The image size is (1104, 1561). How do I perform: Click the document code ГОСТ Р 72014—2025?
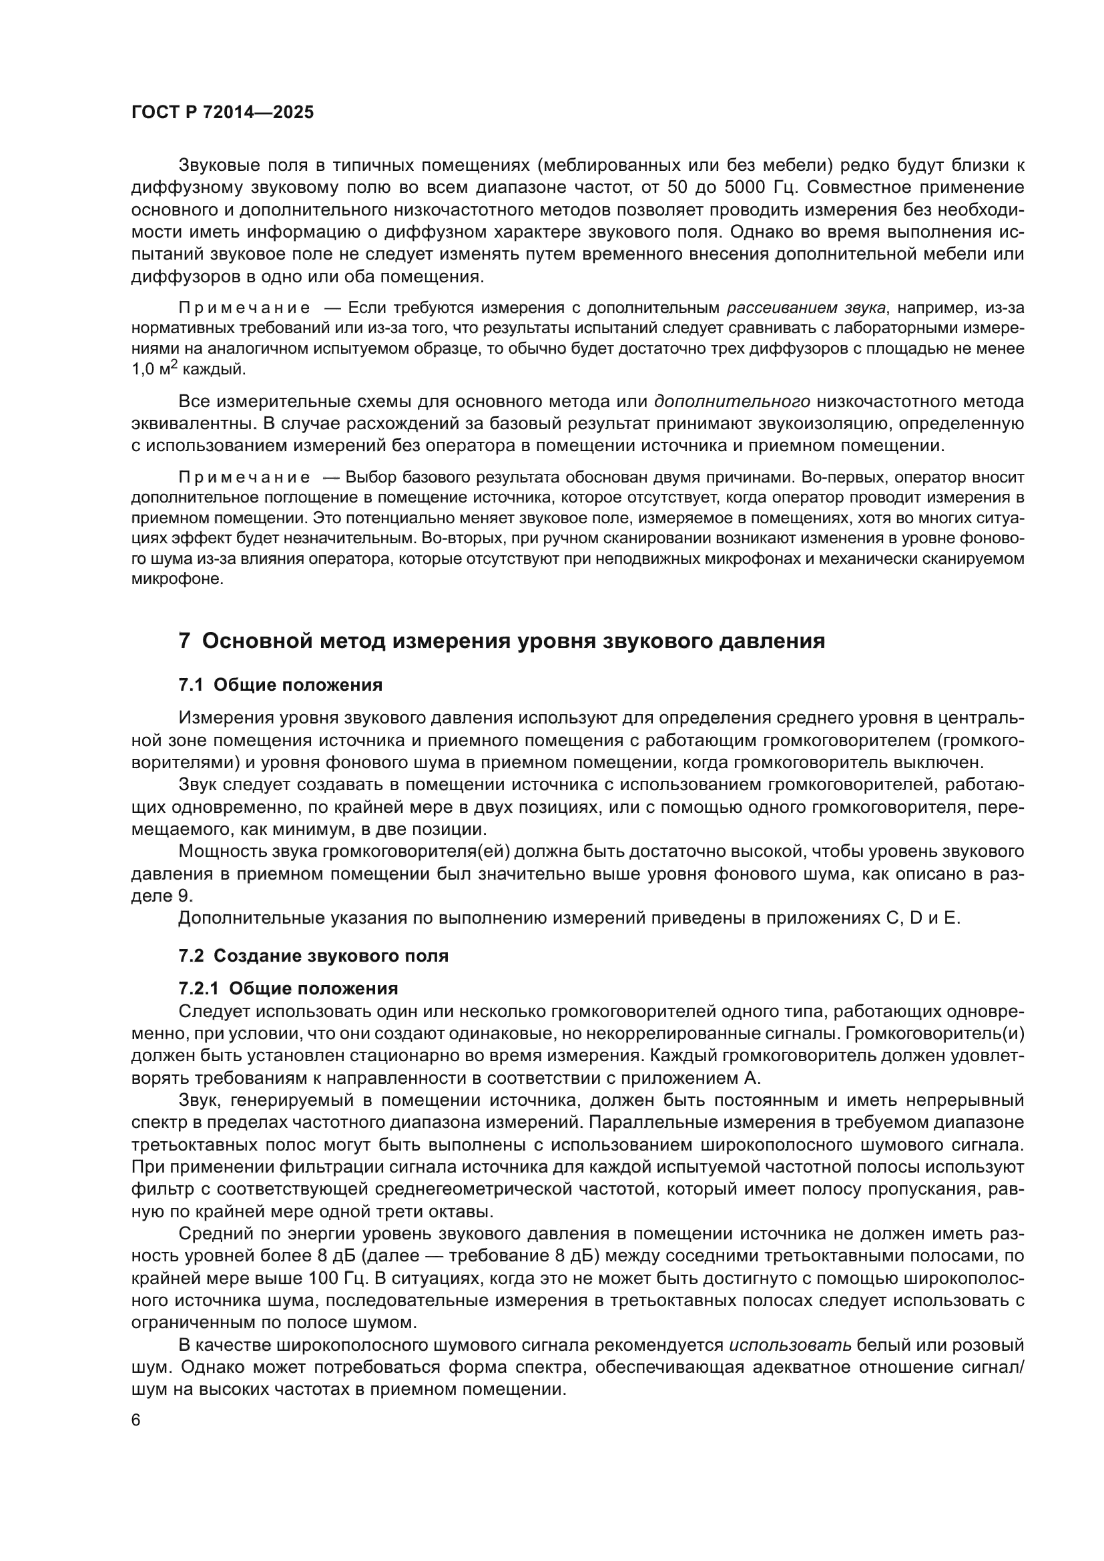point(222,113)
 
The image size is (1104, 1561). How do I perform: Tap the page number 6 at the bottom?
point(136,1420)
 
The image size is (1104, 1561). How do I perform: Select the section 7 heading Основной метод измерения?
point(502,641)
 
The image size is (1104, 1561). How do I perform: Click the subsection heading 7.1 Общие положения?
point(280,685)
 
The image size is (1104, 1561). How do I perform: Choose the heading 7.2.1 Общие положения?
point(288,988)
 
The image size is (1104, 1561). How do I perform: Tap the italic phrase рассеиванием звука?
point(806,308)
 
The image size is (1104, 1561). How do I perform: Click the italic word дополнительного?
point(732,402)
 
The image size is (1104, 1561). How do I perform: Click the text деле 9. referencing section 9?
point(162,896)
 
